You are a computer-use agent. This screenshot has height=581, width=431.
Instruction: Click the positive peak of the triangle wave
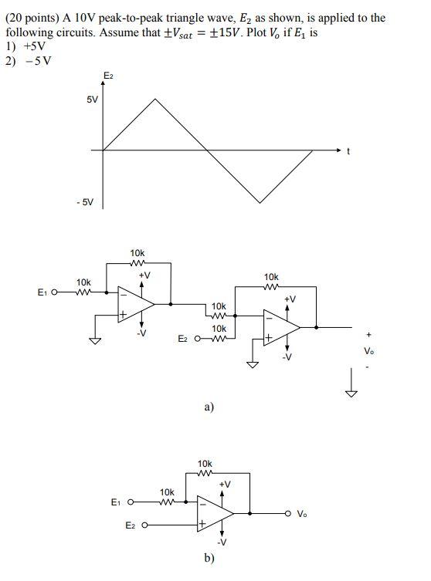156,99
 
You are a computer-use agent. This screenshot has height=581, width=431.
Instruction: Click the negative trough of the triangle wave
260,202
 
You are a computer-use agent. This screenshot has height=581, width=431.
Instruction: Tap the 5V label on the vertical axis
91,100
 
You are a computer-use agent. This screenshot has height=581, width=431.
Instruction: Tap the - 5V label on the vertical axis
85,202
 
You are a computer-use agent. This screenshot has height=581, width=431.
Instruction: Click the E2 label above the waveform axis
107,74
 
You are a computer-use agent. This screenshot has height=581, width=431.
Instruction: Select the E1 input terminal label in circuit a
42,292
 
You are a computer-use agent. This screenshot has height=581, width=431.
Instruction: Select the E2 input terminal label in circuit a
183,339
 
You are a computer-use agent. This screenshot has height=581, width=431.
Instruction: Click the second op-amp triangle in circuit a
281,327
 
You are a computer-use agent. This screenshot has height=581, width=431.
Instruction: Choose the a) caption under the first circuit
209,406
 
